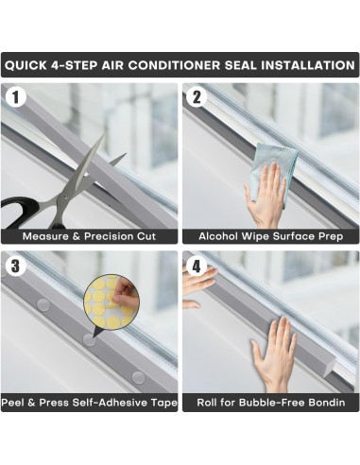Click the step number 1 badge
point(14,96)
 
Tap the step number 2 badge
point(197,96)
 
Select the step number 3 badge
point(14,265)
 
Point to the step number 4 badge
point(197,265)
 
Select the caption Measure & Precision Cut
point(89,235)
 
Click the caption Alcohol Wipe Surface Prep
point(270,235)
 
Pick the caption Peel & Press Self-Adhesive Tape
point(89,404)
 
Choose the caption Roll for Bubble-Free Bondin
point(270,404)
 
